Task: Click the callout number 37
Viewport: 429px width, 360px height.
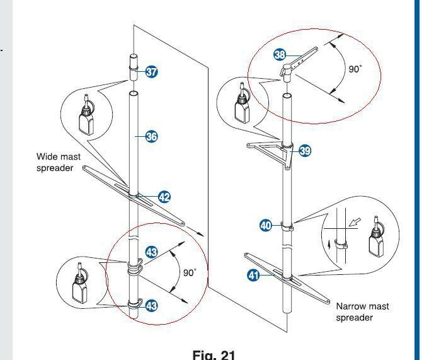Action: pyautogui.click(x=152, y=72)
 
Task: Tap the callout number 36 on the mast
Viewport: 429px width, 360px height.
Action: pyautogui.click(x=152, y=136)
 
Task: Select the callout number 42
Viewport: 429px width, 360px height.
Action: pyautogui.click(x=164, y=197)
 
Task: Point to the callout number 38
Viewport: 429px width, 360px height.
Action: pyautogui.click(x=280, y=55)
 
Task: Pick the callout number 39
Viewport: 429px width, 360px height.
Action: pyautogui.click(x=305, y=151)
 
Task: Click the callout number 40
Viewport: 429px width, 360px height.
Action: pyautogui.click(x=266, y=225)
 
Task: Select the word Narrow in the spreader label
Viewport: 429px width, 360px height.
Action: pyautogui.click(x=353, y=306)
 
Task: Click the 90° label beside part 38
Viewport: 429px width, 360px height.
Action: pyautogui.click(x=355, y=69)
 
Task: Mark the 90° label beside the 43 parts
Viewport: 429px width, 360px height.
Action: pyautogui.click(x=190, y=272)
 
